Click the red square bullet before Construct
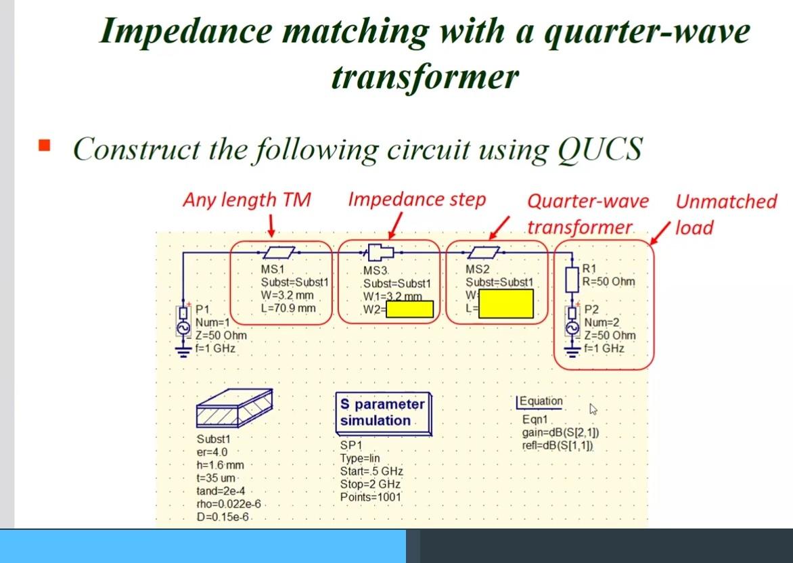click(x=45, y=145)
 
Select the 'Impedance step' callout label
click(x=417, y=200)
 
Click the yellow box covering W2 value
click(x=409, y=309)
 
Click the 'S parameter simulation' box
click(x=382, y=412)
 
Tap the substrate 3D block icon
click(x=233, y=408)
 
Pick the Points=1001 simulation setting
click(x=370, y=497)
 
